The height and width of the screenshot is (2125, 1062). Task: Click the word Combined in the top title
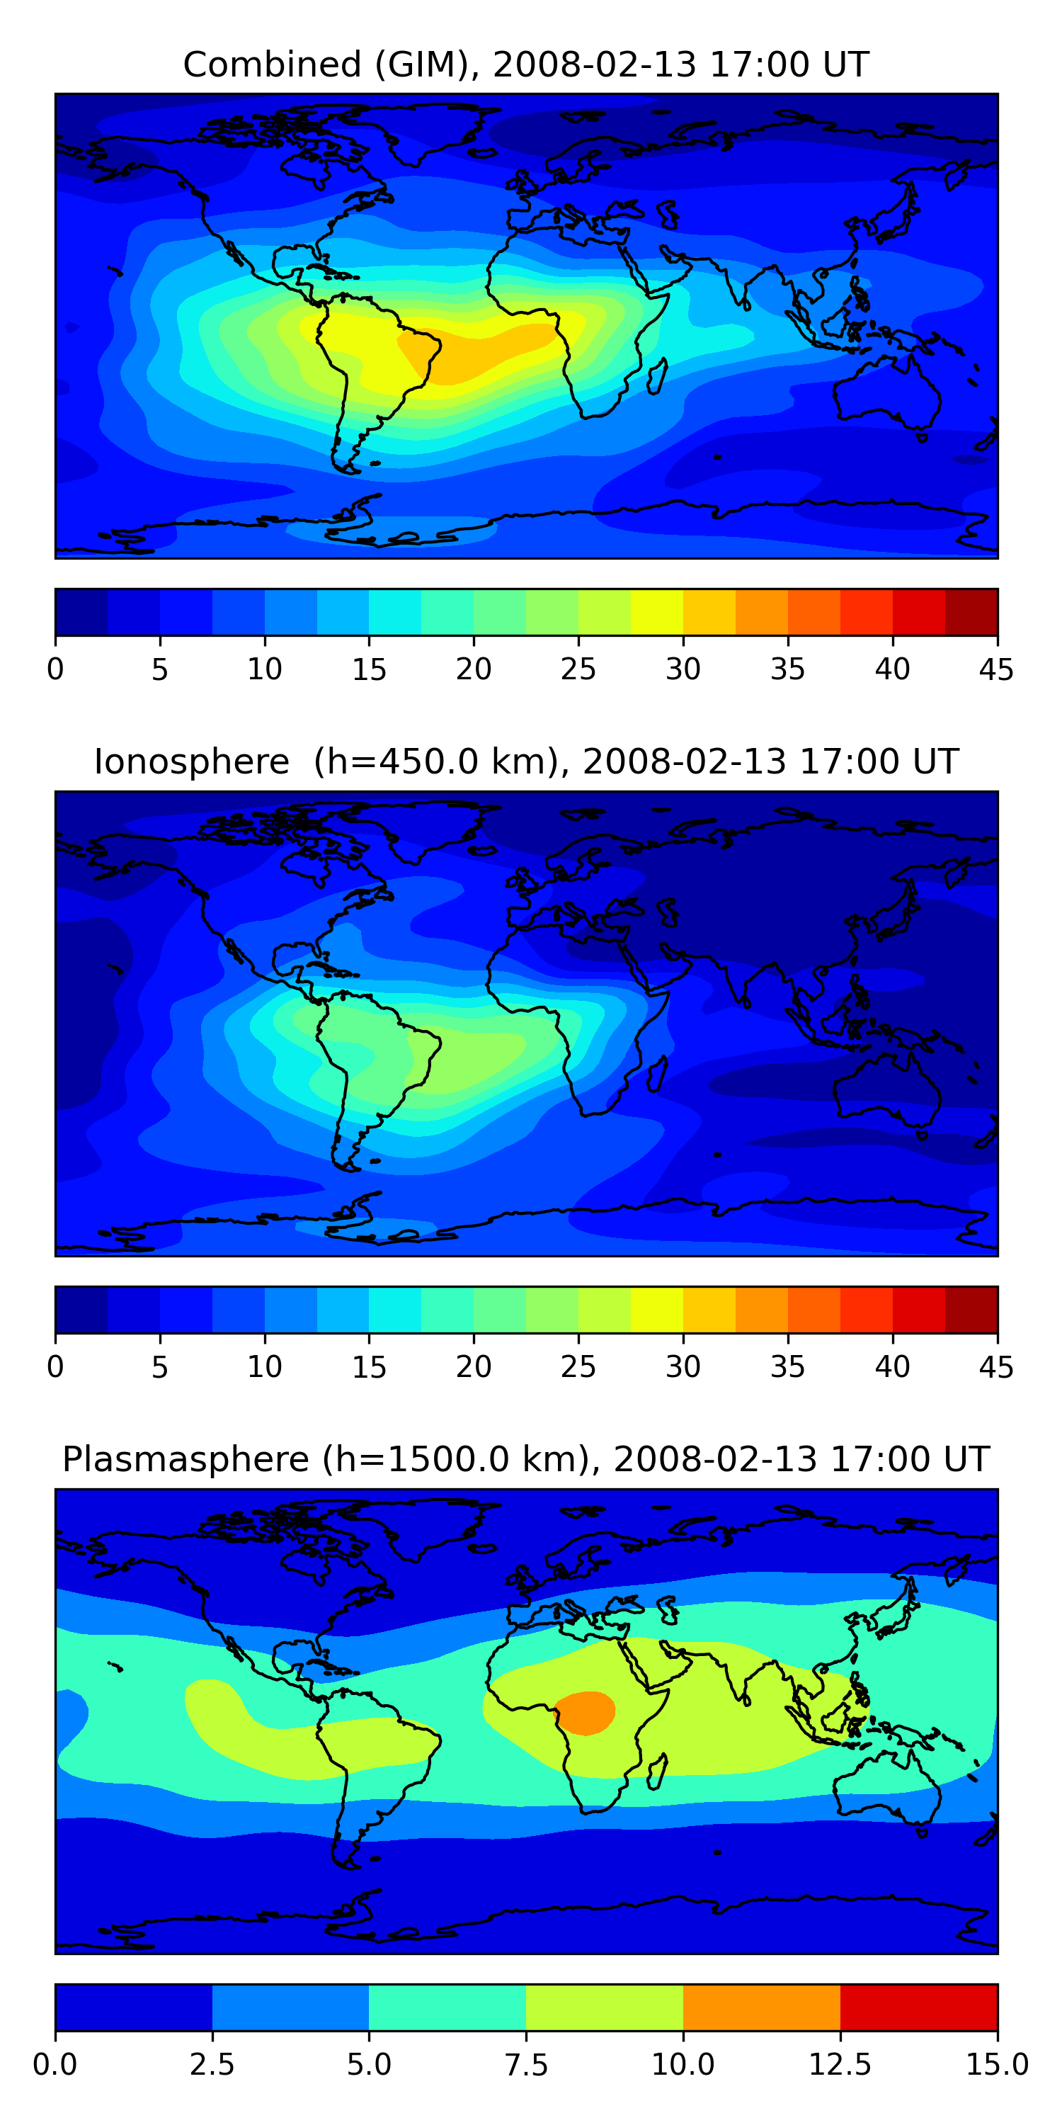click(x=272, y=64)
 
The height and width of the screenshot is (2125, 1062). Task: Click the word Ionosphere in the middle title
click(x=191, y=761)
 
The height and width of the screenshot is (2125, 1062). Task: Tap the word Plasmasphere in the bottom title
click(x=185, y=1460)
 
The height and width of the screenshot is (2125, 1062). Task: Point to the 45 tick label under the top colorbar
click(x=996, y=669)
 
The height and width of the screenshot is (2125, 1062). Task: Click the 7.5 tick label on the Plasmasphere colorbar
click(x=526, y=2065)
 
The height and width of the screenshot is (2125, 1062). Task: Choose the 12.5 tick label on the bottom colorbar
click(x=840, y=2065)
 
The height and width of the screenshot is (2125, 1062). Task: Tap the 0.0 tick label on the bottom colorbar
click(x=55, y=2065)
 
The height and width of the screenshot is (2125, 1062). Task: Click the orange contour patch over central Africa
click(x=586, y=1714)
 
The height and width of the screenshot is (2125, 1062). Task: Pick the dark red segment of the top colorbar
click(x=971, y=612)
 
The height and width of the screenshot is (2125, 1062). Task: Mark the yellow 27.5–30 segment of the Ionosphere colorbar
click(x=657, y=1310)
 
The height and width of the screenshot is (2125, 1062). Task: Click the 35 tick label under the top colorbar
click(x=787, y=669)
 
